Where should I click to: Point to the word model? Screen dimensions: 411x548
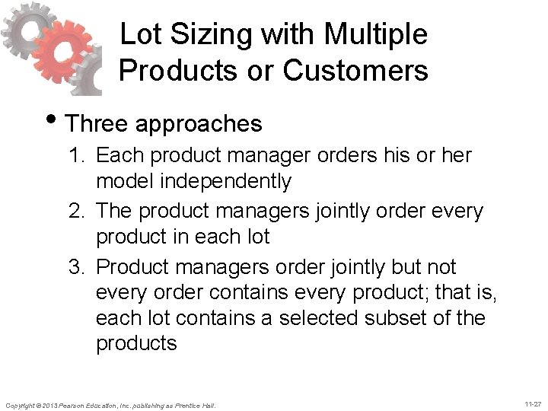[119, 181]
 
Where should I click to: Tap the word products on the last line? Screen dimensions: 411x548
[135, 342]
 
